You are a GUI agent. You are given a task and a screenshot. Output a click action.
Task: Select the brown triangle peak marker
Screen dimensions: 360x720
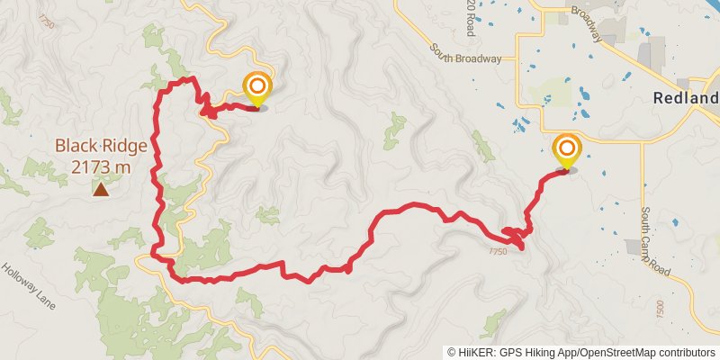click(x=101, y=189)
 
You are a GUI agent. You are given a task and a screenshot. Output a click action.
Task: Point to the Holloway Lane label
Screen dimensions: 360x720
click(x=28, y=286)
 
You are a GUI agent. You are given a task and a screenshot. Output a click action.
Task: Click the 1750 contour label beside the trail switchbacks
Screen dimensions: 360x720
click(x=499, y=251)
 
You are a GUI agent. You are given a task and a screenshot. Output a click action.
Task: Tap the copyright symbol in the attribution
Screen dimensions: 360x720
click(x=452, y=352)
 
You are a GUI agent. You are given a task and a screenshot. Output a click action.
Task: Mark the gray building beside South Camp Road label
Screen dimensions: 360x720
click(x=634, y=246)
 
